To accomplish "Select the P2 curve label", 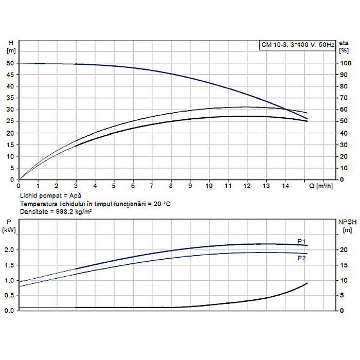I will pyautogui.click(x=302, y=258).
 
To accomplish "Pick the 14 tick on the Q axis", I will pyautogui.click(x=285, y=185).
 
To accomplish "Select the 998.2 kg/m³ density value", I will pyautogui.click(x=69, y=211).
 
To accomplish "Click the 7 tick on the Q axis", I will pyautogui.click(x=152, y=185).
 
